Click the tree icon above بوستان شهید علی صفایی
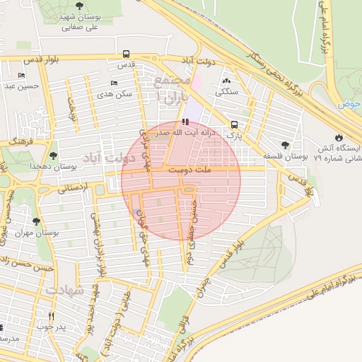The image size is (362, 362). tap(78, 6)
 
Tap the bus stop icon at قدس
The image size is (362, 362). tap(126, 54)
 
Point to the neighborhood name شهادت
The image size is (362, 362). tap(64, 290)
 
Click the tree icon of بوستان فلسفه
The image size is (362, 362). tap(285, 144)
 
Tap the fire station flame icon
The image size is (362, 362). tap(338, 137)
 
